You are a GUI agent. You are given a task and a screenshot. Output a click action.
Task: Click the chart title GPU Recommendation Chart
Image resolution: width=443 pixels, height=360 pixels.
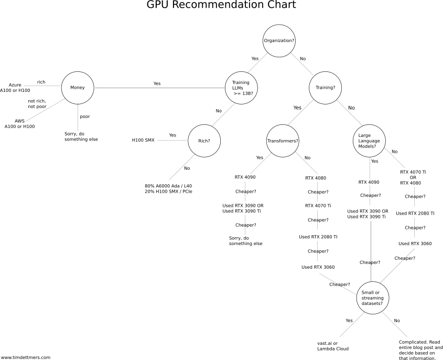point(221,6)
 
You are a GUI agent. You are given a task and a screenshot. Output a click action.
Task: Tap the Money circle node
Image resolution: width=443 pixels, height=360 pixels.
point(78,87)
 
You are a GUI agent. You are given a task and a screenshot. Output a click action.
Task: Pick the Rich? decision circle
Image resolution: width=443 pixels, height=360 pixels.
point(204,141)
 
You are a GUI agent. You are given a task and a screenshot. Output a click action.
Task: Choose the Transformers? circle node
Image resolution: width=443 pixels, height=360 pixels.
point(283,141)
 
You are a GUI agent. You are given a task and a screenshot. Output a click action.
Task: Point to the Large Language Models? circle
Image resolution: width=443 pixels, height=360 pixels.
point(369,141)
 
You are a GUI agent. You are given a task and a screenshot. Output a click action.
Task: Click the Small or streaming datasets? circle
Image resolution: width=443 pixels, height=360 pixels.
point(372,298)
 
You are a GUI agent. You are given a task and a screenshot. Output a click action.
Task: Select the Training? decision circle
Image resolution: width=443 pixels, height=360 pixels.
point(326,88)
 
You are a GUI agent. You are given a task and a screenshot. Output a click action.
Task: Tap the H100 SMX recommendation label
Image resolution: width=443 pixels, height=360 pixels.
point(143,141)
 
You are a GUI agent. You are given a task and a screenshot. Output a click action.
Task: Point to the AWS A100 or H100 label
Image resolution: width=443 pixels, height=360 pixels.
point(19,123)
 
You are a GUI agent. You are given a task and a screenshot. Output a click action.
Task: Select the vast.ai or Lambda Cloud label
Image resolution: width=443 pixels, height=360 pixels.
point(333,346)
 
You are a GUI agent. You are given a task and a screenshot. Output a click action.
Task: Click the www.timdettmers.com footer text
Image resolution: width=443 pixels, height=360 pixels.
point(26,357)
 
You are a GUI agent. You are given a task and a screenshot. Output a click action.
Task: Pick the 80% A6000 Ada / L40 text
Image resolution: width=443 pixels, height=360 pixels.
point(171,186)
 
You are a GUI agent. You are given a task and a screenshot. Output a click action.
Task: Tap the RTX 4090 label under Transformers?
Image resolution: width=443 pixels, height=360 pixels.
point(245,177)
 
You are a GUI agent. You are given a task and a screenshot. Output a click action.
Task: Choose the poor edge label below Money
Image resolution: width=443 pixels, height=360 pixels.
point(84,117)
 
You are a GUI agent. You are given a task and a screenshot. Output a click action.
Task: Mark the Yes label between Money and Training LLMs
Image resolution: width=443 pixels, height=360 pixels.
point(157,83)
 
